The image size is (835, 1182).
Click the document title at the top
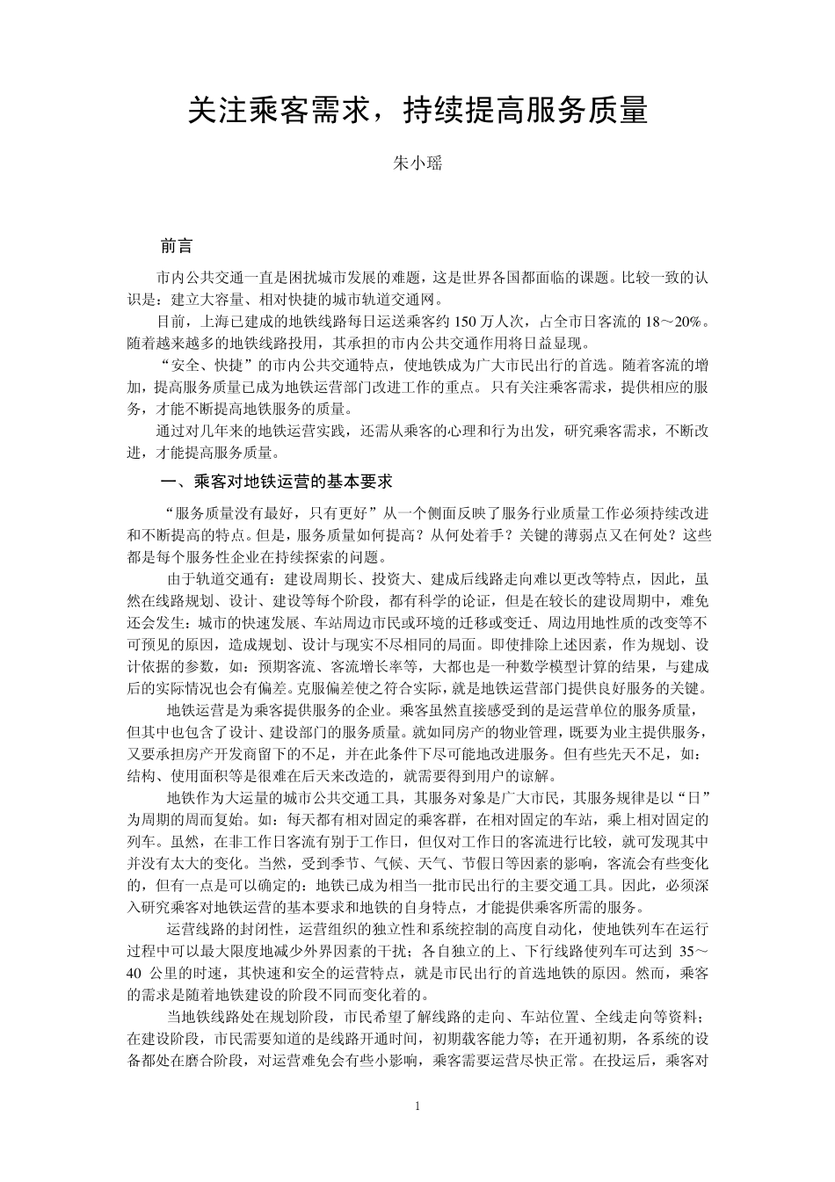(x=417, y=111)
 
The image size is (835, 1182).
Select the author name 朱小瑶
(x=417, y=163)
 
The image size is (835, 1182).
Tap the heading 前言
(x=178, y=246)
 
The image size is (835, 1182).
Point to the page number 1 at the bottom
(x=417, y=1105)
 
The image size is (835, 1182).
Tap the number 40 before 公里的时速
(x=134, y=974)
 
